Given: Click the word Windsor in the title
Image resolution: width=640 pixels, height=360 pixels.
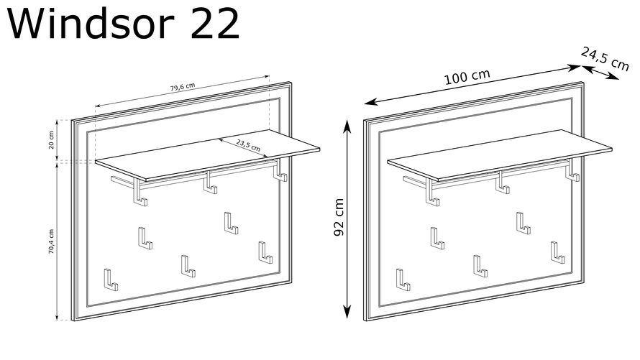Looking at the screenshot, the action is click(x=91, y=24).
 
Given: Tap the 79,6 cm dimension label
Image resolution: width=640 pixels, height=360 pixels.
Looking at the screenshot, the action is click(x=183, y=87).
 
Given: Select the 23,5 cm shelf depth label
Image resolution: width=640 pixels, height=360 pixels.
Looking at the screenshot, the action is click(x=248, y=144).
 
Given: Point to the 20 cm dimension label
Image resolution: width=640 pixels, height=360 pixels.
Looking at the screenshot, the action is click(x=52, y=140).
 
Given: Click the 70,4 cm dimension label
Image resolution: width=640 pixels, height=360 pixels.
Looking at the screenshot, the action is click(x=52, y=241).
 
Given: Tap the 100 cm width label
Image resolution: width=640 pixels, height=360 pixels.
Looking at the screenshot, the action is click(x=467, y=77).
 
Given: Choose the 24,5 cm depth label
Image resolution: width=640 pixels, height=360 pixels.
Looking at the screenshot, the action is click(x=605, y=59).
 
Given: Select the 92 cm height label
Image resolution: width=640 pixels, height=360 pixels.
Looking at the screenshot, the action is click(x=339, y=217).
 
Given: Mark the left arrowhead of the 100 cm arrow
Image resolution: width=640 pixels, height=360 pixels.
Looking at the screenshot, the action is click(x=369, y=102).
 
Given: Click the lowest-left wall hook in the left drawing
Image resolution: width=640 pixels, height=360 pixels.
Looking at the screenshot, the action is click(x=109, y=281).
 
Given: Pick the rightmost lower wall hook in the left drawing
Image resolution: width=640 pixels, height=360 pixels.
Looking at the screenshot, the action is click(x=264, y=254).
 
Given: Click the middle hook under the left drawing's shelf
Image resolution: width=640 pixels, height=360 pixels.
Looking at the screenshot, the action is click(x=210, y=184).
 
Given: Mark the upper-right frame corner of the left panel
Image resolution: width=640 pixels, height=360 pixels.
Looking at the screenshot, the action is click(x=291, y=83).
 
